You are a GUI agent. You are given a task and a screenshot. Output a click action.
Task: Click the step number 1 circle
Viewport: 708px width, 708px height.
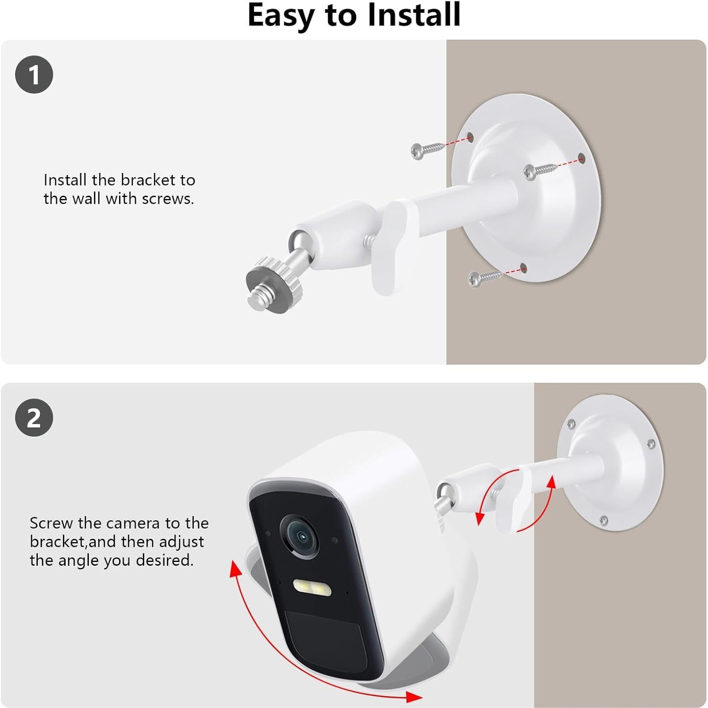point(34,75)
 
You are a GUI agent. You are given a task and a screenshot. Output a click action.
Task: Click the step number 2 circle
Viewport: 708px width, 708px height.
point(34,418)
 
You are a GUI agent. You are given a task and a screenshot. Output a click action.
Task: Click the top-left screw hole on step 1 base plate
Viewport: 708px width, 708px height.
point(469,138)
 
